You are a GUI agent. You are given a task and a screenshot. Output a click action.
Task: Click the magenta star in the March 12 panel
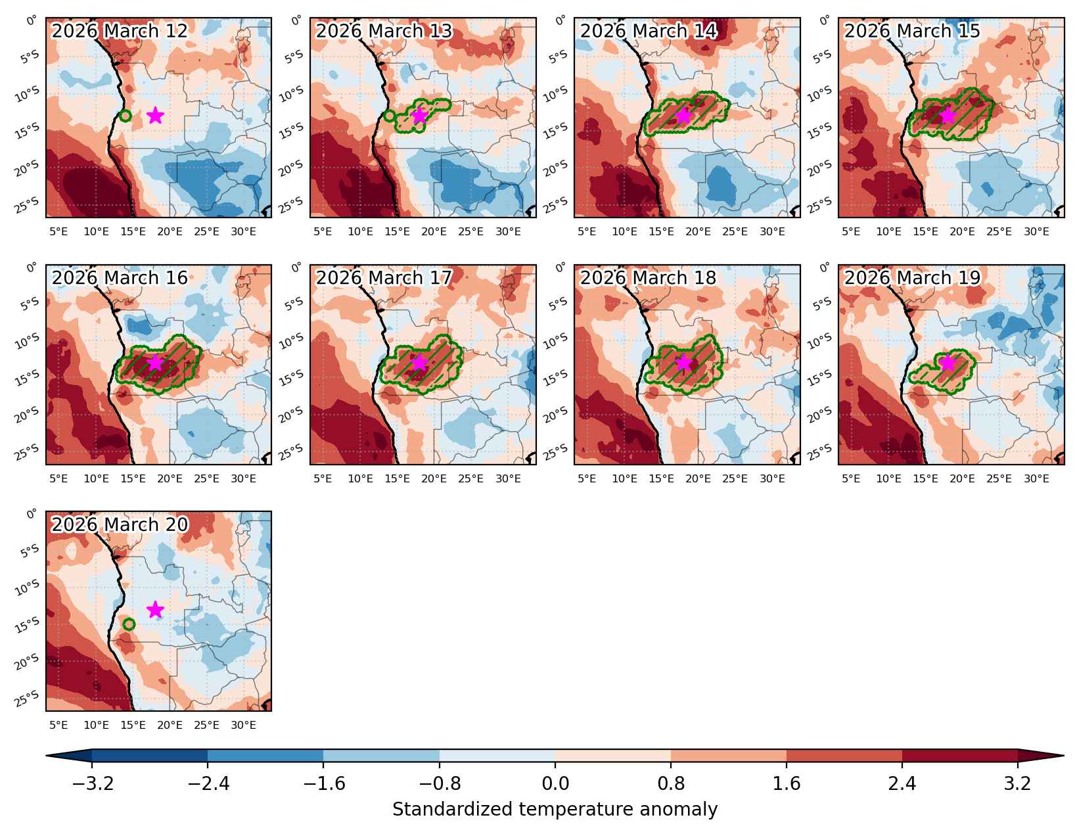coord(155,116)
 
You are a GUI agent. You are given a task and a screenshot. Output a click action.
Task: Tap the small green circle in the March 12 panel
coord(126,116)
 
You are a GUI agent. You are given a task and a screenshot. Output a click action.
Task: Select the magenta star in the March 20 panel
coord(155,609)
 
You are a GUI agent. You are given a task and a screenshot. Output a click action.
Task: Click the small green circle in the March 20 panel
coord(129,624)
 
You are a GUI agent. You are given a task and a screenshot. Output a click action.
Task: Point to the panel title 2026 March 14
coord(649,31)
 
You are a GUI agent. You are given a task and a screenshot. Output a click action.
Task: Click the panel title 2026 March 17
coord(384,277)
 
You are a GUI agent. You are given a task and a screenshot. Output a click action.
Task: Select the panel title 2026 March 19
coord(913,277)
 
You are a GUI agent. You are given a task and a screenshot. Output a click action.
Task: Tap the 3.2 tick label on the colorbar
coord(1017,783)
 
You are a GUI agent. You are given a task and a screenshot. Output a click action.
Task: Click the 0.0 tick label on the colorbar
coord(555,783)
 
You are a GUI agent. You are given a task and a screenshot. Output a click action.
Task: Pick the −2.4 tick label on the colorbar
coord(208,783)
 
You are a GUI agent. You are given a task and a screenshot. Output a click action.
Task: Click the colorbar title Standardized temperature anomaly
coord(555,809)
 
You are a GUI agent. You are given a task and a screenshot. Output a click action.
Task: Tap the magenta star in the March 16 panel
coord(155,363)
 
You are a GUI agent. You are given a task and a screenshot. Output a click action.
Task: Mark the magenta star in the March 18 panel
coord(683,363)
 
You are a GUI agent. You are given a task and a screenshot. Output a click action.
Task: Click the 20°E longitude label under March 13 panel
coord(434,231)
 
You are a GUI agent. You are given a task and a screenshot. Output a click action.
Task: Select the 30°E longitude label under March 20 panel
coord(243,725)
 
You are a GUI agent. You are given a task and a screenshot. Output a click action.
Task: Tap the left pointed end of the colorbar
coord(46,756)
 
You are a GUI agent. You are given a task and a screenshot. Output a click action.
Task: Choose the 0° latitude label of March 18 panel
coord(560,267)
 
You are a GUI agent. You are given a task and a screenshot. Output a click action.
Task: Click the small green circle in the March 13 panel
coord(390,116)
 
